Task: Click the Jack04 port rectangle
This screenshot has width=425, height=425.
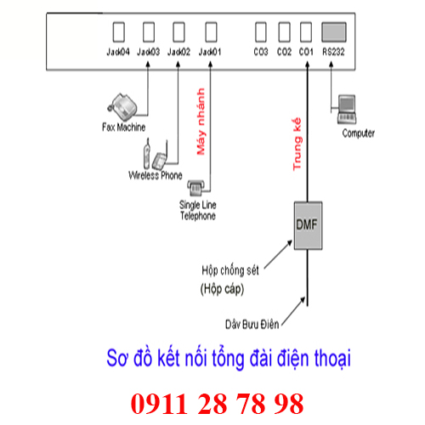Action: coord(119,32)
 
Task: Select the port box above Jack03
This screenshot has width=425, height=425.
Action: coord(149,32)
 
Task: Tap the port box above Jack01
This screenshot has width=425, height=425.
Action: coord(211,32)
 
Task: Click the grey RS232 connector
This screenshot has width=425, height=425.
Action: coord(334,32)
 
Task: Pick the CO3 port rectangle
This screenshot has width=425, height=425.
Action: coord(261,32)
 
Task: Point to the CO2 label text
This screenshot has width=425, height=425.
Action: coord(284,52)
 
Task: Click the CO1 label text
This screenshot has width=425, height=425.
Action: coord(306,52)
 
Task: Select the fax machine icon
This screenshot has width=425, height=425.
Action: coord(122,106)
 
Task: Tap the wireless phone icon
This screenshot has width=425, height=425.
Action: coord(155,155)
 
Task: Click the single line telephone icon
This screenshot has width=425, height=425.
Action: coord(195,188)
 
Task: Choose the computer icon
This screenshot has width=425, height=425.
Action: coord(347,110)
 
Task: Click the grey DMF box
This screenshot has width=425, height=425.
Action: coord(308,225)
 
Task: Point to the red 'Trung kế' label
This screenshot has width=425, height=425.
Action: coord(297,144)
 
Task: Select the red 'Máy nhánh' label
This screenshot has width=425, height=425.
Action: coord(201,122)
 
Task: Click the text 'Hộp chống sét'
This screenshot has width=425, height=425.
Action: coord(230,270)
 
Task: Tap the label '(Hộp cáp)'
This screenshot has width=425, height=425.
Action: coord(222,289)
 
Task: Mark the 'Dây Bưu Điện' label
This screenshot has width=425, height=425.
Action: coord(252,324)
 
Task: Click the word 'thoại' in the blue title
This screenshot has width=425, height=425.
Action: coord(332,359)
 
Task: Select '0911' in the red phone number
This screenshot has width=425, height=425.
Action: coord(159,404)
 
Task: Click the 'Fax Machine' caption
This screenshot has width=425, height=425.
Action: coord(123,127)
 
